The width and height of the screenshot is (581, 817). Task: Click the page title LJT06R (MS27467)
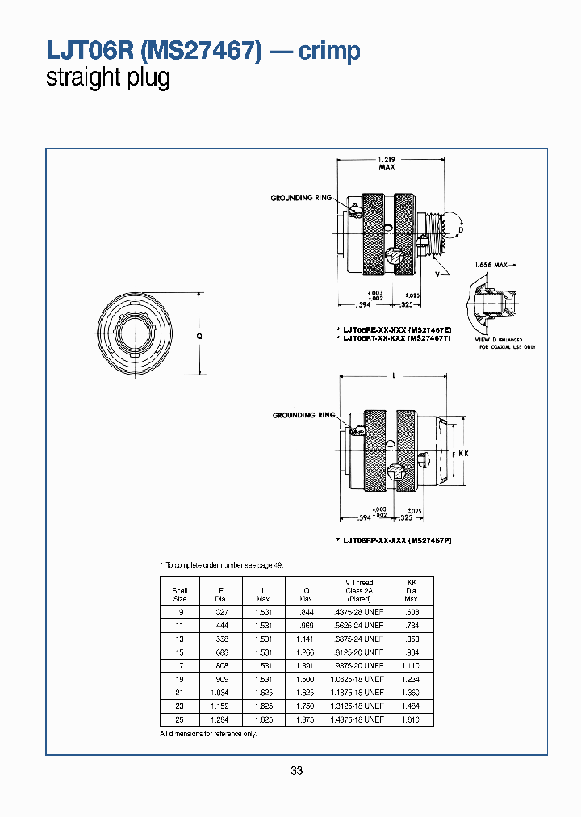click(x=154, y=52)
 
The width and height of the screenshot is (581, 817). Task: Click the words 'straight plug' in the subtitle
click(x=108, y=79)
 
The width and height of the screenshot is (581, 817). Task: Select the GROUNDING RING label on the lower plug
click(x=303, y=415)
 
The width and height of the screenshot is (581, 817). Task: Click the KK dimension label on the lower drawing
click(x=463, y=454)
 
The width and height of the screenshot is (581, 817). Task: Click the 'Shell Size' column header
click(x=180, y=594)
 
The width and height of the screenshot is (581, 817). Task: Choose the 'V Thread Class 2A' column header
click(x=358, y=590)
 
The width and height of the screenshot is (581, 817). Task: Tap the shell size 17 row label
click(x=180, y=665)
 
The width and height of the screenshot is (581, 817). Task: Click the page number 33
click(x=296, y=771)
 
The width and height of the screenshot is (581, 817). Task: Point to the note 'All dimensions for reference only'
click(x=208, y=733)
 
